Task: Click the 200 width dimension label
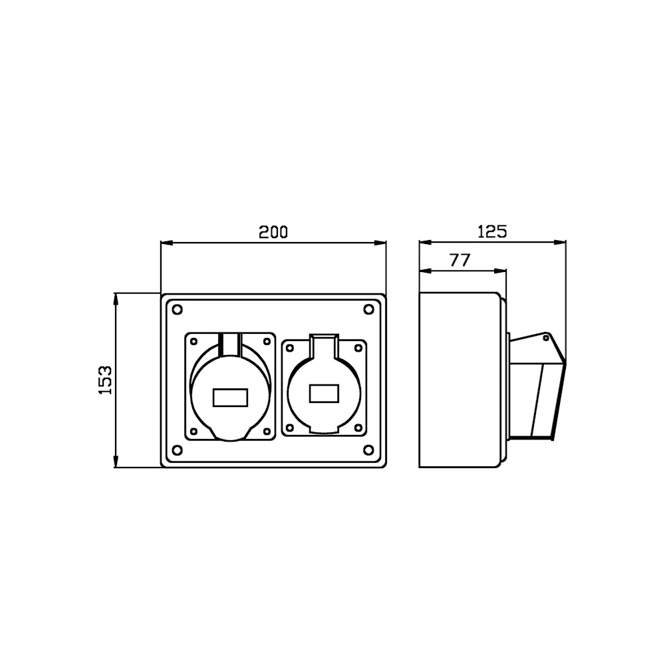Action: tap(273, 232)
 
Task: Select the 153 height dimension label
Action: tap(105, 380)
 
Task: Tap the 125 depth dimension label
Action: tap(492, 231)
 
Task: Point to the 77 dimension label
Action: tap(460, 260)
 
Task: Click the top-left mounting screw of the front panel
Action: tap(178, 310)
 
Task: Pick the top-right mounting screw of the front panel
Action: tap(369, 310)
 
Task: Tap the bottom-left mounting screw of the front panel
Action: tap(178, 450)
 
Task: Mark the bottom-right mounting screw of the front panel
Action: tap(369, 450)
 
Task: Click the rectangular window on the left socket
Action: tap(230, 398)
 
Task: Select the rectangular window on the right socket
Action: tap(324, 393)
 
